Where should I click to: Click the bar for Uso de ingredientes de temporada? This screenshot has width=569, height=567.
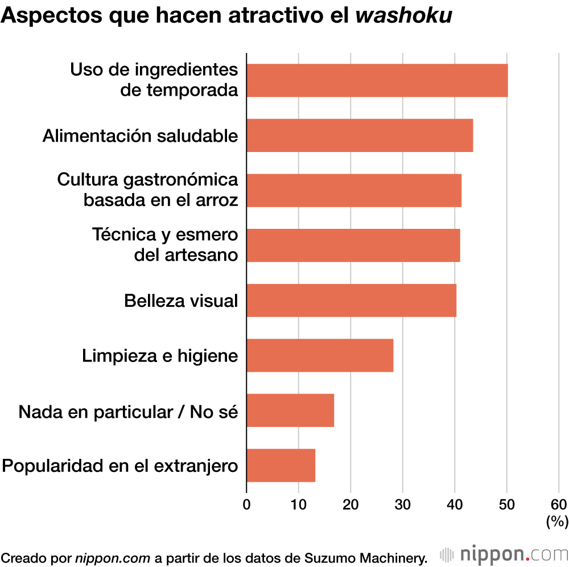(377, 80)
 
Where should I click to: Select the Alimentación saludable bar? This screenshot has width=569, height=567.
(360, 135)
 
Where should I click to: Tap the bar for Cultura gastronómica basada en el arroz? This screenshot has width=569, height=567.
(354, 190)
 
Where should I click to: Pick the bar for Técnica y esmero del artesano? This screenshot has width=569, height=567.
(353, 245)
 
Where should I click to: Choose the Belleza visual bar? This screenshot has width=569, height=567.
(351, 300)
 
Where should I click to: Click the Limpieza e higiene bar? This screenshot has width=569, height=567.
(320, 355)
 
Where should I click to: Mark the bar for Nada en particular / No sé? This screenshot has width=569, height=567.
(290, 410)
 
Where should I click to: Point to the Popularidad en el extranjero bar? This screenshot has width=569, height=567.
(281, 465)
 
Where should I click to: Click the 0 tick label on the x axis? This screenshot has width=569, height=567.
(246, 504)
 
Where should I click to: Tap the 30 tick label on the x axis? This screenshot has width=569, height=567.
(402, 504)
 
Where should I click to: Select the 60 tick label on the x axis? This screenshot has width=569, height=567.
(559, 504)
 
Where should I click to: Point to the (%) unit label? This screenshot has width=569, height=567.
(556, 521)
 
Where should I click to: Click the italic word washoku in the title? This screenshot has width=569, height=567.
(403, 16)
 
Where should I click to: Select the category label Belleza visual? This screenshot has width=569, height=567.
(181, 301)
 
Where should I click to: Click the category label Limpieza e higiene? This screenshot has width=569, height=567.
(160, 356)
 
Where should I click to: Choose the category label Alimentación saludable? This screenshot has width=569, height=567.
(140, 136)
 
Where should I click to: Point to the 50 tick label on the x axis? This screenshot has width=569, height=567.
(506, 504)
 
